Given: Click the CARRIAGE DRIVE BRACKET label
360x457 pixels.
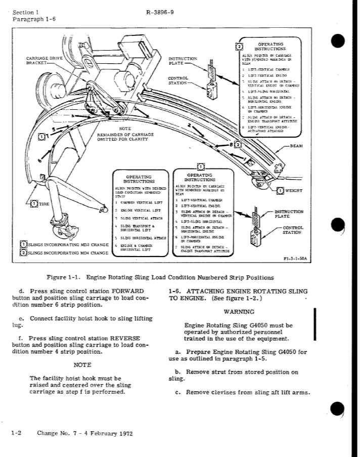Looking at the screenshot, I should pos(45,62).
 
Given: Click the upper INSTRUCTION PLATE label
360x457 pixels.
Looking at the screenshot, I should pos(183,62).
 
